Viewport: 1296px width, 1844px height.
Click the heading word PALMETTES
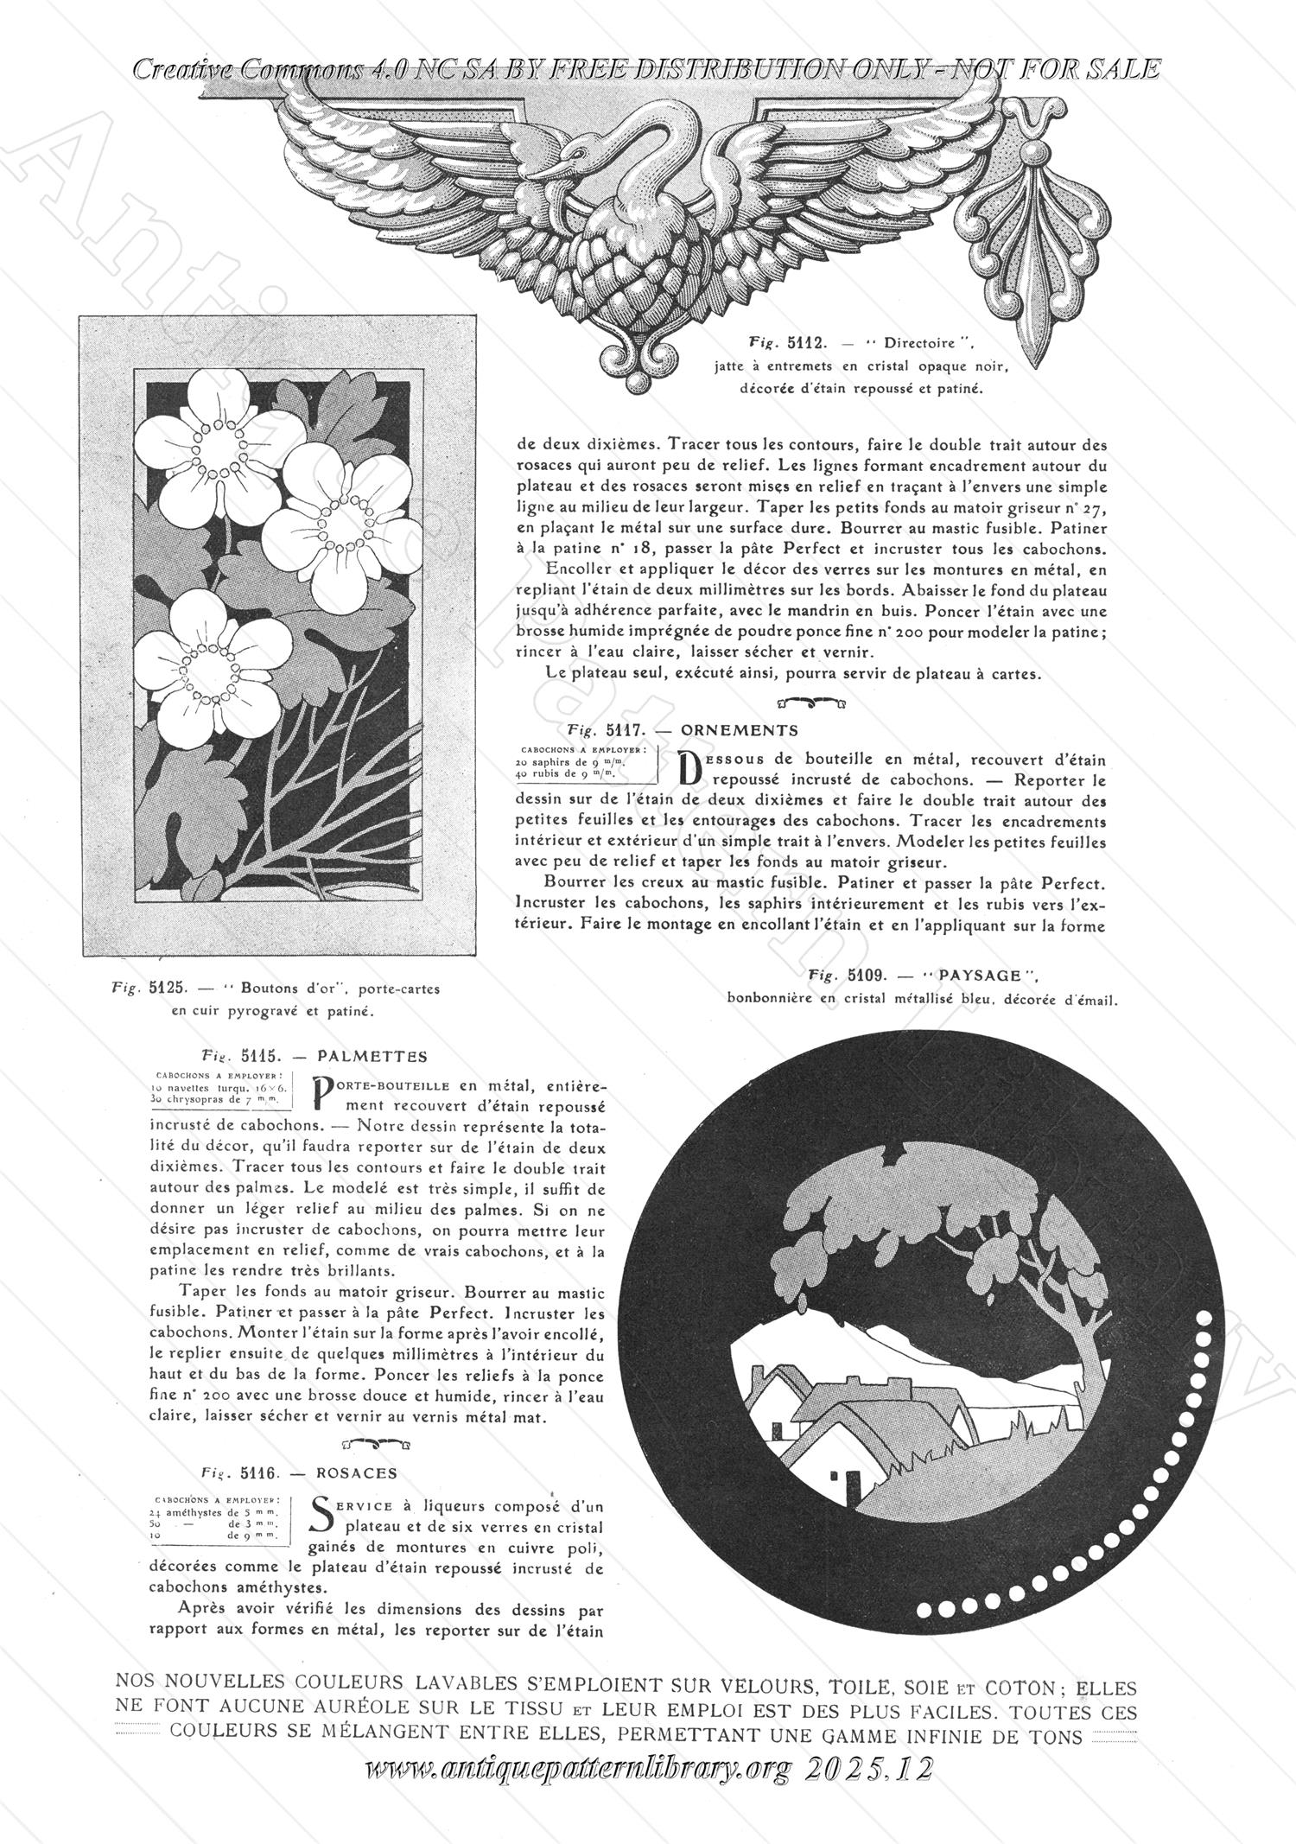tap(372, 1056)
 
